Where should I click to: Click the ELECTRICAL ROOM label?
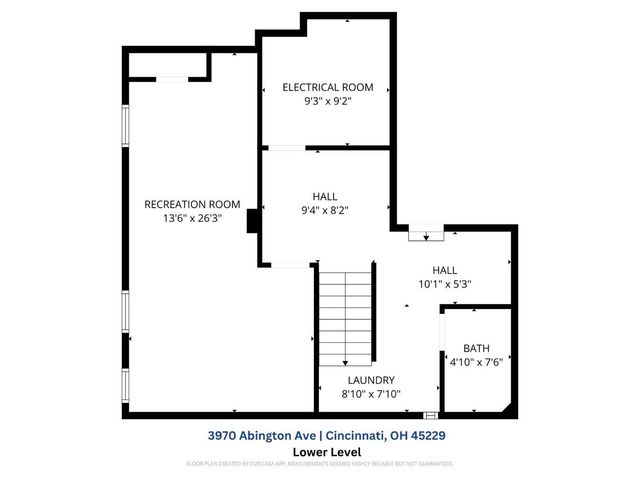point(328,87)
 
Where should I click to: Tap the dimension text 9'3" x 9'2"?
point(328,101)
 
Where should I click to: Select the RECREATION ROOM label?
point(192,204)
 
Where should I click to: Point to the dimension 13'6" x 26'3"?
point(192,218)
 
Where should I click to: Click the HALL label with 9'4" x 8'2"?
point(325,196)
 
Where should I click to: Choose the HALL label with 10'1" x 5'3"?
point(444,270)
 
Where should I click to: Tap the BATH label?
point(476,348)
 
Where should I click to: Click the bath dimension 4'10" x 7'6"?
point(476,362)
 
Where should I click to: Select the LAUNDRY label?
point(371,380)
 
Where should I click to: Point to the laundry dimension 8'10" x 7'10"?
point(371,394)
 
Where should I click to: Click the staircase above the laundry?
point(345,318)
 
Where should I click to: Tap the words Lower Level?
point(319,451)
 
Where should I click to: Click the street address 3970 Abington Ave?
point(261,435)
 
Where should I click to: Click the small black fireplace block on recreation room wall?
point(254,221)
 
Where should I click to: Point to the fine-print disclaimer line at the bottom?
point(319,464)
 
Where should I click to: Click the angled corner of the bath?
point(510,408)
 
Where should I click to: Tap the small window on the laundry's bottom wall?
point(430,414)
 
